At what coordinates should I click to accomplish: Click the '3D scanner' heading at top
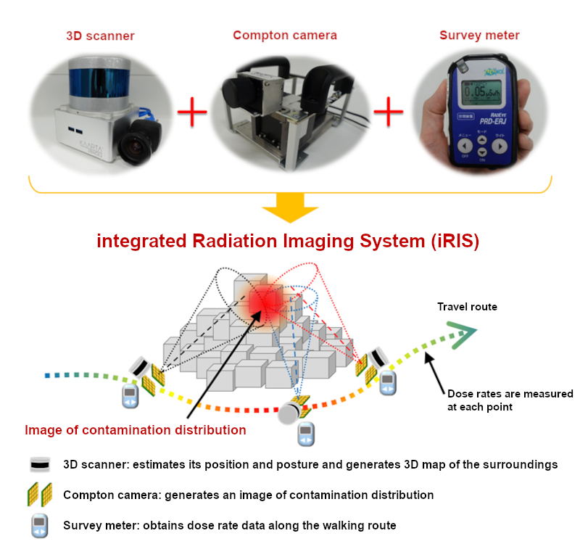pos(100,36)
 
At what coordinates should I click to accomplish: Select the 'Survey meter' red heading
pos(479,35)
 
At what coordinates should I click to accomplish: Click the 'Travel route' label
pos(467,307)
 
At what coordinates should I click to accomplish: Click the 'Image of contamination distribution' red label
pos(136,430)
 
